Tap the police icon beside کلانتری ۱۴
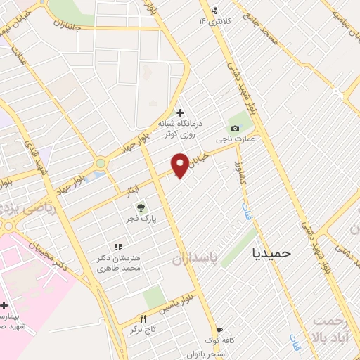click(214, 11)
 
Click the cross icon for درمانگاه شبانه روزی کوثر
click(181, 112)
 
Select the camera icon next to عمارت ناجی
click(235, 128)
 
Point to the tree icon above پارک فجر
click(141, 207)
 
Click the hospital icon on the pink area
click(5, 306)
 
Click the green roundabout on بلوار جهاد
click(101, 163)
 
